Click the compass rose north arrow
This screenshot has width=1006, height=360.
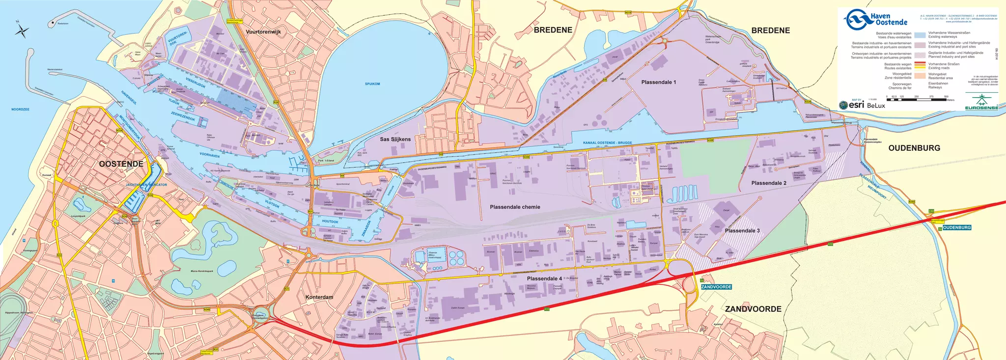[x=22, y=31]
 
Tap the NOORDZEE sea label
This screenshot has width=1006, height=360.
[x=21, y=109]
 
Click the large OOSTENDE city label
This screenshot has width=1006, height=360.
[x=121, y=164]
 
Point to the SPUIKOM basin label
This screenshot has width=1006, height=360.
[x=372, y=84]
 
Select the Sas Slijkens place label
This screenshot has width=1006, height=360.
[x=395, y=139]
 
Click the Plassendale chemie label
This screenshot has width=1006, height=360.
[x=515, y=207]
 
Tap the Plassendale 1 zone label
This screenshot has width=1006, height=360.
[x=658, y=82]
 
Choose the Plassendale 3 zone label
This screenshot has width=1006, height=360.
[x=742, y=230]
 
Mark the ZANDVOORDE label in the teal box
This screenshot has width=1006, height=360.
[x=716, y=287]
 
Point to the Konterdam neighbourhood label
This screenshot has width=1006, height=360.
[x=319, y=297]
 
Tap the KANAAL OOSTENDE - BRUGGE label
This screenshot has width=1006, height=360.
[x=607, y=142]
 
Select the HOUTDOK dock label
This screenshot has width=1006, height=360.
[x=330, y=222]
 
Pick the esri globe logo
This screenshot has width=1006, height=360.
[x=843, y=105]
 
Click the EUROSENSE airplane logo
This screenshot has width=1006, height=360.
[x=981, y=101]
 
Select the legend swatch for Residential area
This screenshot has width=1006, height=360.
[x=920, y=76]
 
